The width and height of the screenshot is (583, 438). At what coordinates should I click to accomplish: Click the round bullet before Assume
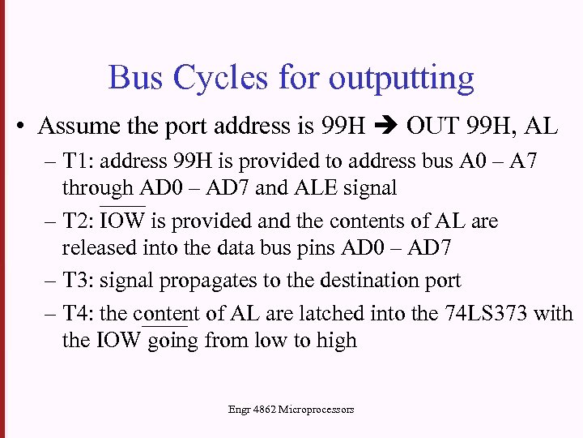(x=20, y=127)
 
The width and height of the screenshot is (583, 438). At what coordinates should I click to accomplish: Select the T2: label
(x=79, y=221)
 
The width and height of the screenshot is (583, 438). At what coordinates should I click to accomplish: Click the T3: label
(x=79, y=281)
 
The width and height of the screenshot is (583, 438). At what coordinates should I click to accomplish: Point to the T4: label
(x=79, y=313)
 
